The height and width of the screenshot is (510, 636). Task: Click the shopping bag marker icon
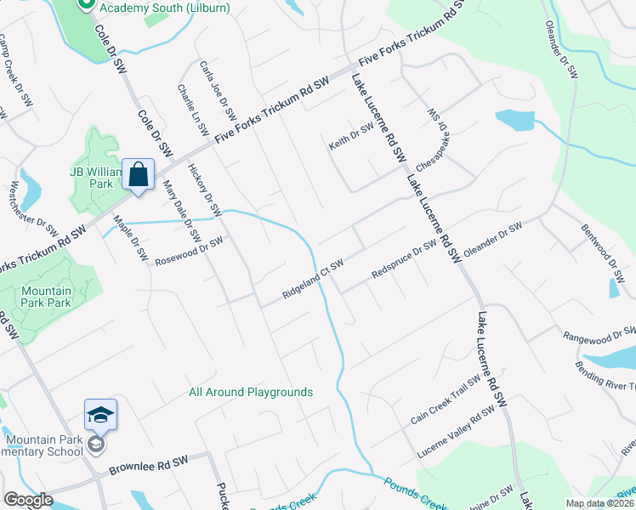pyautogui.click(x=138, y=175)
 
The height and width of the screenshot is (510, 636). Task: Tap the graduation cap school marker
pyautogui.click(x=100, y=415)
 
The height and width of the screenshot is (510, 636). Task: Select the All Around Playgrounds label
pyautogui.click(x=251, y=392)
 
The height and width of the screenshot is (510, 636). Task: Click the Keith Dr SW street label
pyautogui.click(x=352, y=137)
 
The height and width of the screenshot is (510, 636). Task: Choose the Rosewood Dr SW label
pyautogui.click(x=188, y=252)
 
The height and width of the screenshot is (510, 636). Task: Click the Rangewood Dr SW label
pyautogui.click(x=599, y=334)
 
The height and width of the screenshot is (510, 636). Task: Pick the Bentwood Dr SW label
pyautogui.click(x=600, y=246)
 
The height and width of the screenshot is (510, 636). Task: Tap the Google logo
pyautogui.click(x=28, y=500)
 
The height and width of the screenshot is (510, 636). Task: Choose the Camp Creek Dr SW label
pyautogui.click(x=17, y=65)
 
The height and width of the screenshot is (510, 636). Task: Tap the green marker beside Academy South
pyautogui.click(x=85, y=5)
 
